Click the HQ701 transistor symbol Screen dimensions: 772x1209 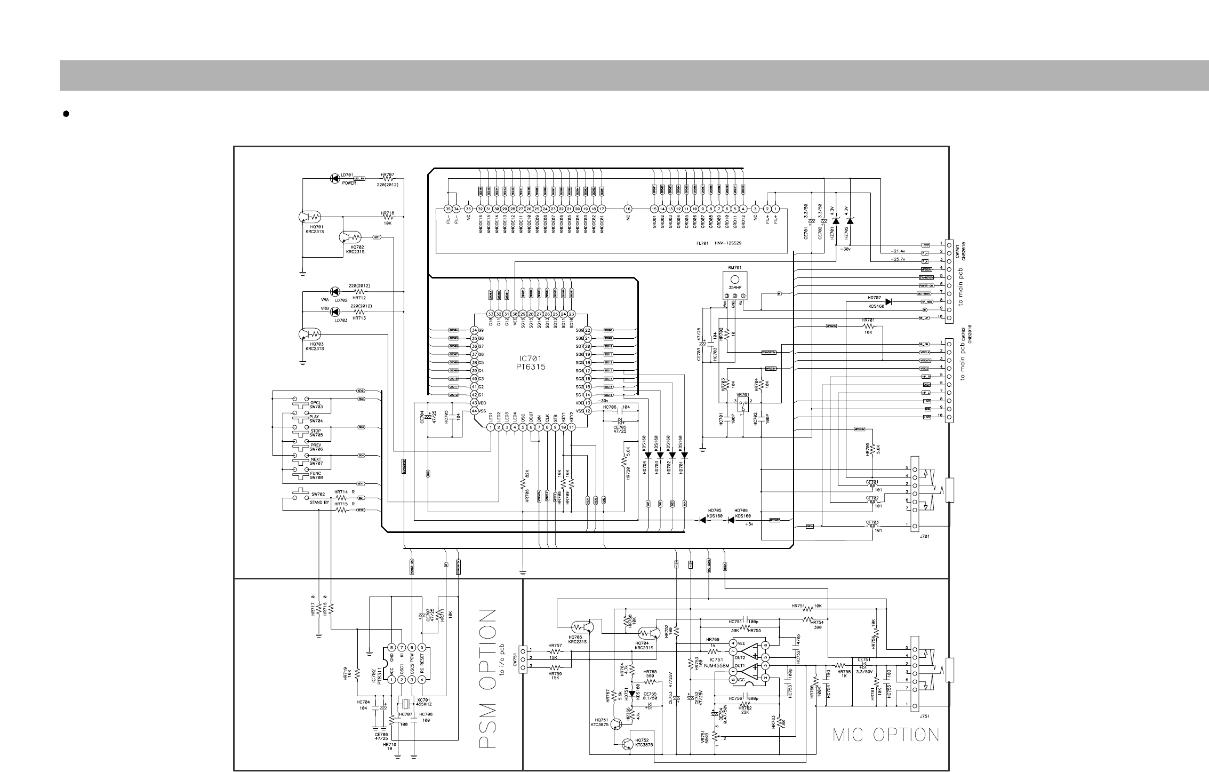point(309,217)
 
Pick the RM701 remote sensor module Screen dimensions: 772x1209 point(734,285)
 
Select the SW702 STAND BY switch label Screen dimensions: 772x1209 point(319,498)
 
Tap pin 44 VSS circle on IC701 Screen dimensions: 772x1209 point(474,411)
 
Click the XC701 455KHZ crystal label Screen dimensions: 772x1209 point(423,702)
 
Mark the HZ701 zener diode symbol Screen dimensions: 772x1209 point(836,221)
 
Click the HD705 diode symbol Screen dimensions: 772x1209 point(704,520)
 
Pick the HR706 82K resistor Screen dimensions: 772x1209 point(523,483)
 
